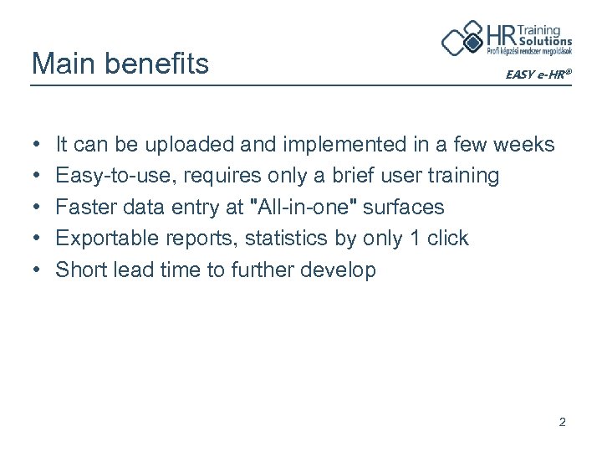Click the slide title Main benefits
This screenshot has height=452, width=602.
click(x=120, y=63)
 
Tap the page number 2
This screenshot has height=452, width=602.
click(x=563, y=423)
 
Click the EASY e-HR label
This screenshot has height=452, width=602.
click(x=538, y=74)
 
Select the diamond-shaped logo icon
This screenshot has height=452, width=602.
click(x=462, y=39)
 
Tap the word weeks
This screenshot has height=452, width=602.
click(x=523, y=145)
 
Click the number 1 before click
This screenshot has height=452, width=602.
click(x=414, y=239)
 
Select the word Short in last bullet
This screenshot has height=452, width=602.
click(x=79, y=270)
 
